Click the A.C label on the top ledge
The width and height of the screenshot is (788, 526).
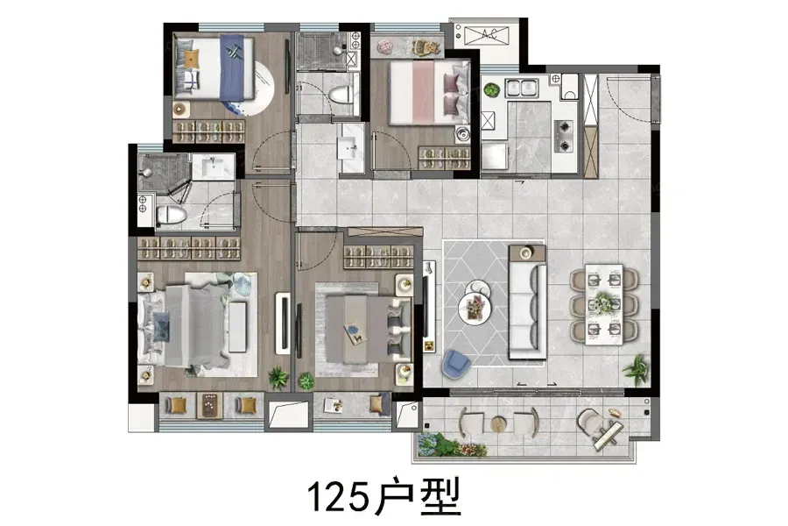coord(488,34)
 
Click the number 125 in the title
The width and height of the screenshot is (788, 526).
coord(338,496)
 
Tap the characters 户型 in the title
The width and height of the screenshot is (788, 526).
coord(418,496)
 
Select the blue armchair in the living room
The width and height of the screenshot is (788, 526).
coord(456,364)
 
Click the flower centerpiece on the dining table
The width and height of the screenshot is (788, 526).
coord(602,302)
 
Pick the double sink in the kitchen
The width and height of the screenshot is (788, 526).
coord(522,88)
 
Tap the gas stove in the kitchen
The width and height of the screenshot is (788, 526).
coord(563,136)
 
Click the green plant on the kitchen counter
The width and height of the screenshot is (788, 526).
coord(491,90)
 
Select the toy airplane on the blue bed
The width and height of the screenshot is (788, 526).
coord(233,52)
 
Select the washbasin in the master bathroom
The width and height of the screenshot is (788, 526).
coord(213,166)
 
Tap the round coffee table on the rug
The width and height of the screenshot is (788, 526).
coord(474,307)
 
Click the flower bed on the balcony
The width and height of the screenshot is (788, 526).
coord(449,444)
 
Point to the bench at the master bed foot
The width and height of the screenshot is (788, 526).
coord(237,327)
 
